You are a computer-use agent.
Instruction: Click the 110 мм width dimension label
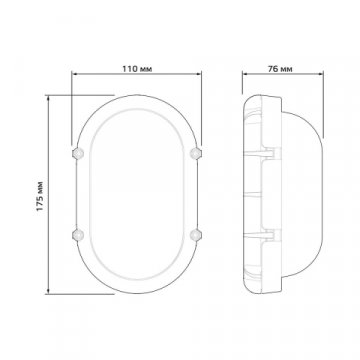click(137, 69)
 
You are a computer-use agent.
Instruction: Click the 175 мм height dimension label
click(40, 196)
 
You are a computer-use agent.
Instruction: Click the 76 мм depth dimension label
click(280, 69)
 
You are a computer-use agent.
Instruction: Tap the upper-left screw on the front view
click(78, 153)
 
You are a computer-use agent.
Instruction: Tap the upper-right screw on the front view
click(195, 153)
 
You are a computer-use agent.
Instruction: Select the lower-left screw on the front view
click(78, 235)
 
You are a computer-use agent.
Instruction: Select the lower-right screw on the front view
click(195, 235)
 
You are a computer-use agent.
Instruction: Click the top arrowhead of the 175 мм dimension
click(49, 98)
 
